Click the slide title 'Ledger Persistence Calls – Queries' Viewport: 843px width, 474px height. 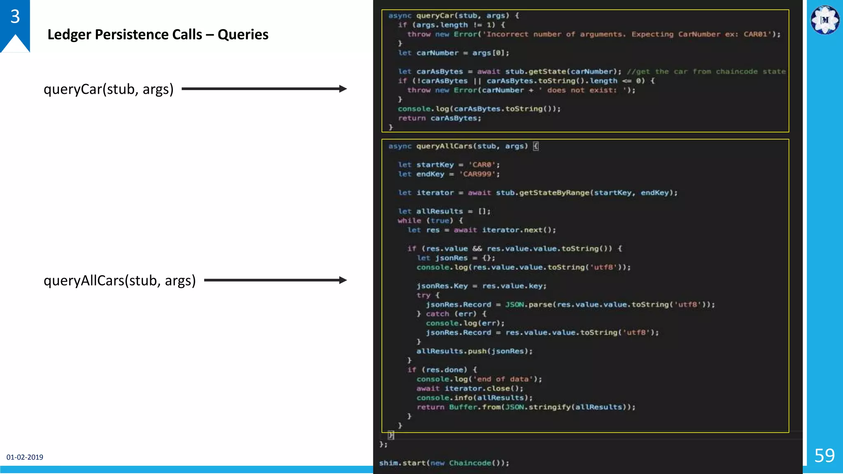(x=158, y=35)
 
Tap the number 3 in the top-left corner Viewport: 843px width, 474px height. (x=15, y=16)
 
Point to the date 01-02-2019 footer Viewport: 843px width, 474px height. (x=25, y=457)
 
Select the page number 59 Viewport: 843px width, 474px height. (x=824, y=455)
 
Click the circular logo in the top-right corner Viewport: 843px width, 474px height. (x=824, y=20)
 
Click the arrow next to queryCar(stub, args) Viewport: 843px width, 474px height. (x=264, y=89)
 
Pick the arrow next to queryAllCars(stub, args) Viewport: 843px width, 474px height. (x=275, y=280)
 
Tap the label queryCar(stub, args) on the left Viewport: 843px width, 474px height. (x=109, y=89)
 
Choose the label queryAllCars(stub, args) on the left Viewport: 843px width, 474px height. (x=119, y=281)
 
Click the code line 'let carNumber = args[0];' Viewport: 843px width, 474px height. (x=454, y=53)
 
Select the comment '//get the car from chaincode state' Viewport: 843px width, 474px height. (x=706, y=72)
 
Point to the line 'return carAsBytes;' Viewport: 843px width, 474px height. (x=439, y=118)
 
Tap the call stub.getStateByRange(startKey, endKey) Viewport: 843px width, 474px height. (x=587, y=193)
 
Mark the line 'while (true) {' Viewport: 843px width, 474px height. (x=430, y=221)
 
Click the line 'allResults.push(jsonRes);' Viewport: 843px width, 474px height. (x=474, y=351)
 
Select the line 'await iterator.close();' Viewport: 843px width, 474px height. (x=470, y=388)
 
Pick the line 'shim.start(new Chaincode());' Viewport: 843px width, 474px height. (x=444, y=463)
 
